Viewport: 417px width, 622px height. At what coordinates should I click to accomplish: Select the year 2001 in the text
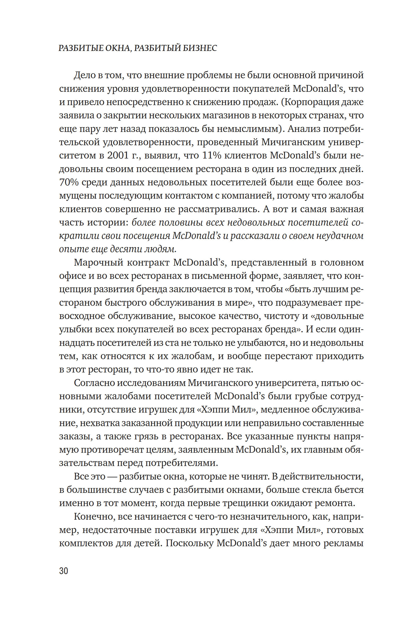[x=118, y=155]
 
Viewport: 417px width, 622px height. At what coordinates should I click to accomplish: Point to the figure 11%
[x=212, y=155]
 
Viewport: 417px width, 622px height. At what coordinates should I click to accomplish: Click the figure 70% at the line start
[x=69, y=182]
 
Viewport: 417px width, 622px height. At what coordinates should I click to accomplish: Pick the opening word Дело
[x=84, y=75]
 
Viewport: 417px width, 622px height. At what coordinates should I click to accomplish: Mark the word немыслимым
[x=249, y=129]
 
